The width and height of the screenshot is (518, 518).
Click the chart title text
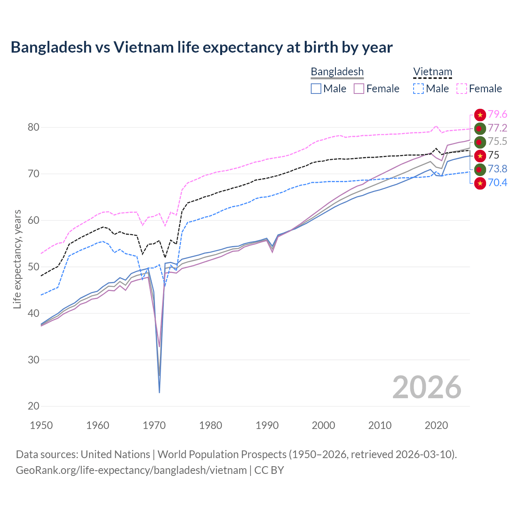click(x=202, y=47)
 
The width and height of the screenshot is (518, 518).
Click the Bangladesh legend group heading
click(x=337, y=72)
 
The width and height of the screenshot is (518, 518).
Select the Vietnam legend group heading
click(x=432, y=72)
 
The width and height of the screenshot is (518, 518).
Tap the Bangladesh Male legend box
click(x=316, y=89)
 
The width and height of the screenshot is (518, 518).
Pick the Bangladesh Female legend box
click(x=359, y=89)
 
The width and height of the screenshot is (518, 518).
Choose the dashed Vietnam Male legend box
click(x=418, y=89)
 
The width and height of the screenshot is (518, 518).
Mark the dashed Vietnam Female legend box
click(x=462, y=89)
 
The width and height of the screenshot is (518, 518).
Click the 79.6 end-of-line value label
click(x=497, y=115)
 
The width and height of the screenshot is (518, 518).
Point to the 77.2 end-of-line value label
click(x=497, y=128)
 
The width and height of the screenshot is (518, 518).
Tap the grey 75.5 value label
click(x=497, y=142)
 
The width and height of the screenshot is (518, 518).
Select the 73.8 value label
click(x=497, y=169)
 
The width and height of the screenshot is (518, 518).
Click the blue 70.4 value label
click(x=497, y=183)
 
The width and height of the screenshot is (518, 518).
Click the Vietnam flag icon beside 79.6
click(x=480, y=115)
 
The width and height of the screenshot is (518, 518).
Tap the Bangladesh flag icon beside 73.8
click(x=480, y=170)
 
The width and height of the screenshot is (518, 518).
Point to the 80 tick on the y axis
click(x=34, y=127)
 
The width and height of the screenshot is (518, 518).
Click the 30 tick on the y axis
click(x=34, y=360)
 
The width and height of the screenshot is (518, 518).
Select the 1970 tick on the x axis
click(x=154, y=425)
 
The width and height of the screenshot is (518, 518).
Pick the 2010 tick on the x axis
click(x=380, y=425)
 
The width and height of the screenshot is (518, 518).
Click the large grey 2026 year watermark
click(x=427, y=387)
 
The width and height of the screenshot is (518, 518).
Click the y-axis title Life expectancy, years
click(x=17, y=259)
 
